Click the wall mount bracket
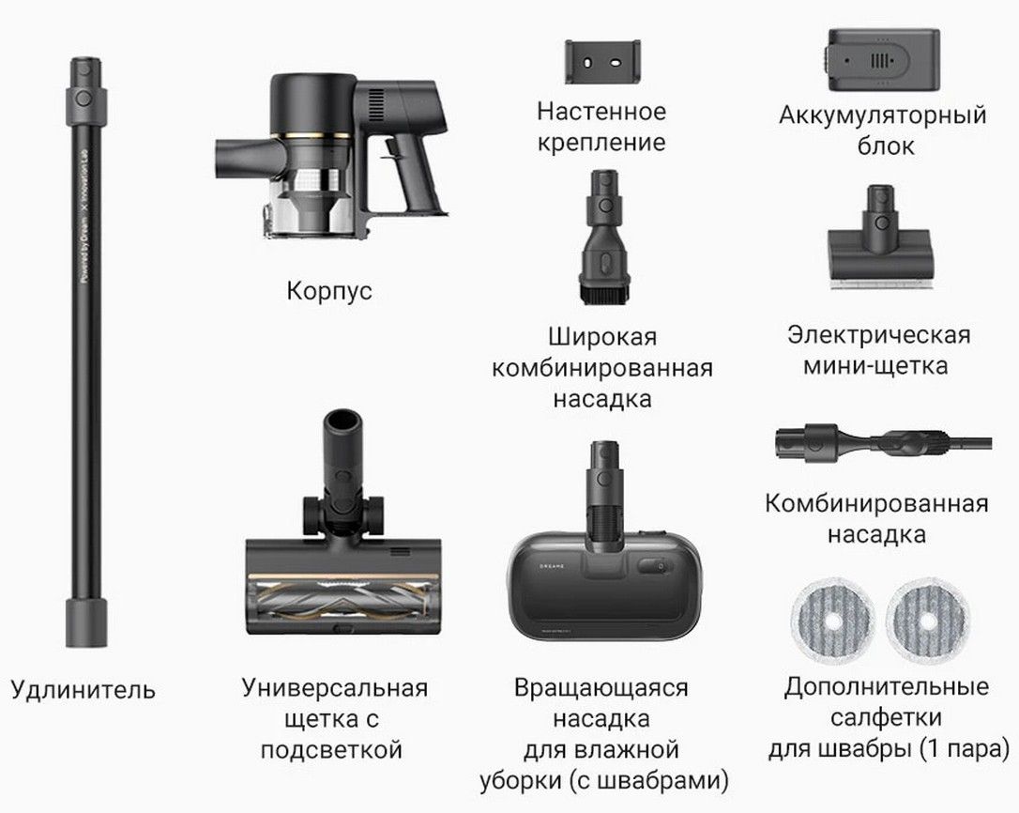602,62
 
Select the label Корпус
329,290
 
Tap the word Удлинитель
84,689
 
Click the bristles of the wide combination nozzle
603,294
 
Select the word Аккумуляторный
883,115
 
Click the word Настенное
601,111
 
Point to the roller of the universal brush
337,599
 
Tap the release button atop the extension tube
84,99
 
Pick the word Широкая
602,336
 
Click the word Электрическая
878,335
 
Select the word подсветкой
331,750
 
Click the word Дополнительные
887,686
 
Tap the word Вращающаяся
601,687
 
